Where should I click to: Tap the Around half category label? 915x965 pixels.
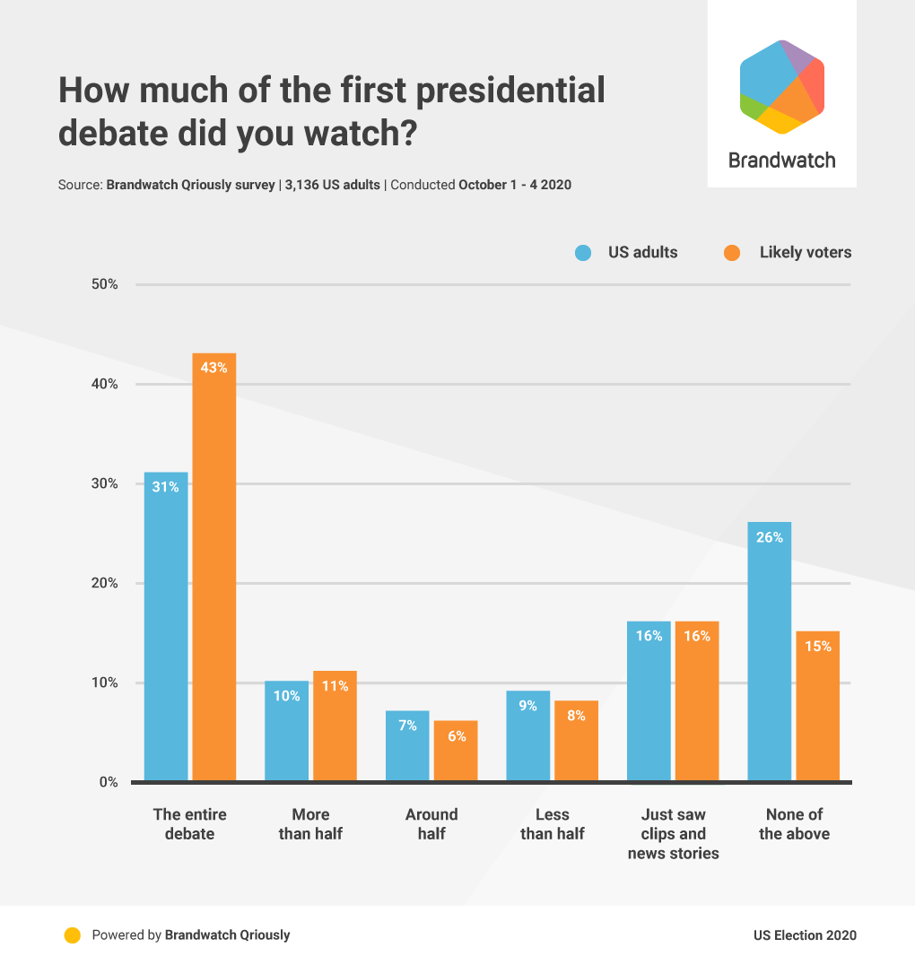tap(431, 824)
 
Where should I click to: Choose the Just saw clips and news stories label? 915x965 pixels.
tap(673, 834)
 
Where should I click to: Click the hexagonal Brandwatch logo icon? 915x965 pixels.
tap(781, 87)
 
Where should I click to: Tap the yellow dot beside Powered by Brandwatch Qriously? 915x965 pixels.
tap(73, 935)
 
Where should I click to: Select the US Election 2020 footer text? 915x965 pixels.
tap(805, 935)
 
